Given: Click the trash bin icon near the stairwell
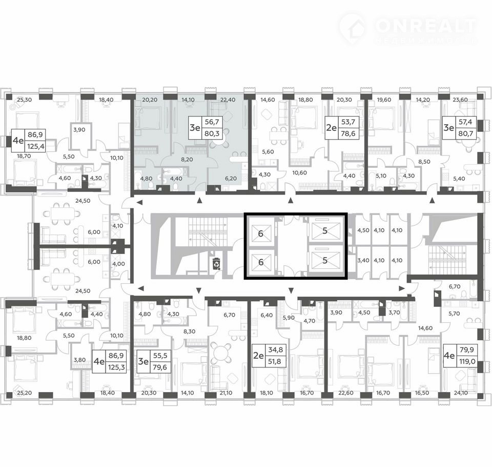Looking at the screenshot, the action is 216,263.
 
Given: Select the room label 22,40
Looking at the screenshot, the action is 228,100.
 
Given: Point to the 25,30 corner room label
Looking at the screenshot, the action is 25,100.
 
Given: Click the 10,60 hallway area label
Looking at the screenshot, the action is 299,172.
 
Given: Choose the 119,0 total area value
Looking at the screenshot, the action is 467,361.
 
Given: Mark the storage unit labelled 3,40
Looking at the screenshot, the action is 363,260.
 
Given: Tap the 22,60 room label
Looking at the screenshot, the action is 346,393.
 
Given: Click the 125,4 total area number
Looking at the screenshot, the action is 36,146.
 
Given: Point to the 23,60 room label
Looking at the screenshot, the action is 460,100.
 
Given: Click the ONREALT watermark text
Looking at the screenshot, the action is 425,26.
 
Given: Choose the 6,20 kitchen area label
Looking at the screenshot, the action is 231,178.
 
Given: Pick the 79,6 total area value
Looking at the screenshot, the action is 160,367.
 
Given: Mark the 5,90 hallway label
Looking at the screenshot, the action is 289,318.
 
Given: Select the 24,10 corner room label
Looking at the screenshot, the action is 460,393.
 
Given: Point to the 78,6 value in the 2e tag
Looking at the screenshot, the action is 347,133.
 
